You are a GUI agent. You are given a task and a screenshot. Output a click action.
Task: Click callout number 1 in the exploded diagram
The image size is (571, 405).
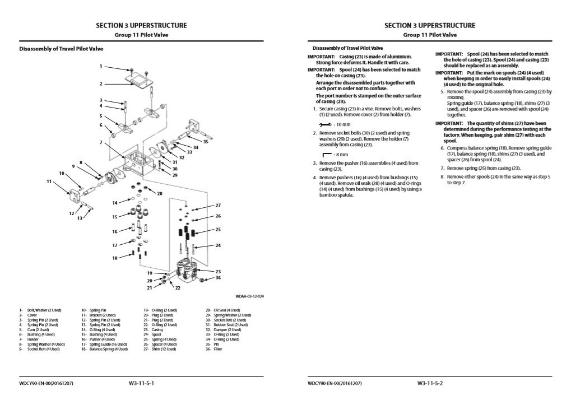tap(101, 66)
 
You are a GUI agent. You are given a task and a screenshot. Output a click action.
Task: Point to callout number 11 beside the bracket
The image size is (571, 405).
tap(49, 181)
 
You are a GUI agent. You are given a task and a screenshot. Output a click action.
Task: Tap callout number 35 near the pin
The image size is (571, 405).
tap(206, 142)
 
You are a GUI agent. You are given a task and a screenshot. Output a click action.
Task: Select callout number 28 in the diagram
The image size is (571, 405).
tap(160, 194)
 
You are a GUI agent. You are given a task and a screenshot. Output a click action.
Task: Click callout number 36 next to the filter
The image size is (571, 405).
tap(218, 278)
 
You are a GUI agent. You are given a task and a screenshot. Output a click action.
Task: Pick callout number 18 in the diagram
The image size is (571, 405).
tap(115, 258)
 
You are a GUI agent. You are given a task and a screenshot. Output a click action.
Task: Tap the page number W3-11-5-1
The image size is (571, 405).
tap(141, 383)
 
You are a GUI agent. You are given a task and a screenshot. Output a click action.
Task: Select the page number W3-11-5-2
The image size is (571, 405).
tap(430, 383)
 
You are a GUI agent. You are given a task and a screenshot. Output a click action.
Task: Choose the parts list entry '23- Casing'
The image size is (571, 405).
tap(154, 329)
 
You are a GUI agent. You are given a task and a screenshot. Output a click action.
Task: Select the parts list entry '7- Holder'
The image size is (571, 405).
tap(29, 339)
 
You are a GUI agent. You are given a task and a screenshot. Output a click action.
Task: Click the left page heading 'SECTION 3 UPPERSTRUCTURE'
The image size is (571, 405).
tap(141, 25)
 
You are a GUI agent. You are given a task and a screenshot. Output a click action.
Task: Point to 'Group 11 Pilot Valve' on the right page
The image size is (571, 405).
tap(430, 35)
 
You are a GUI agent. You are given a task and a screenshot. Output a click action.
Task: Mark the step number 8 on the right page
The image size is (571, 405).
tap(442, 176)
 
